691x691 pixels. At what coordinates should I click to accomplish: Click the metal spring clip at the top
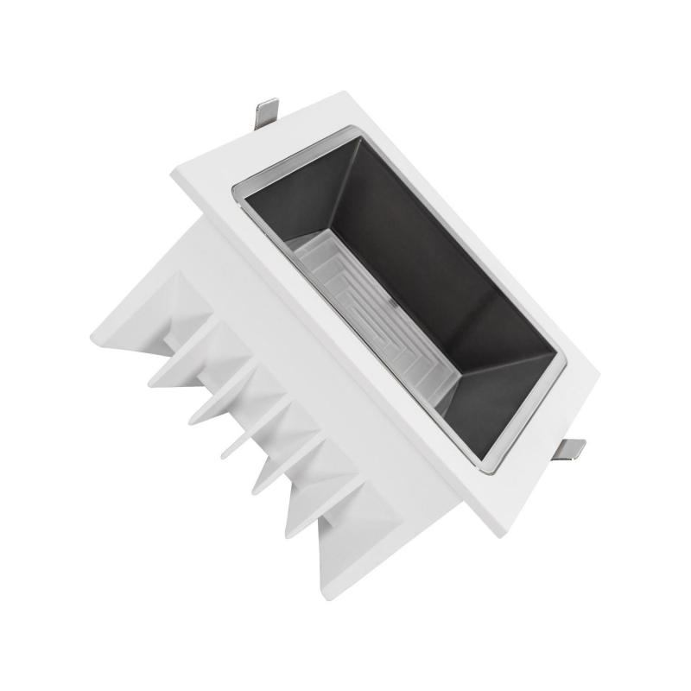pyautogui.click(x=268, y=112)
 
